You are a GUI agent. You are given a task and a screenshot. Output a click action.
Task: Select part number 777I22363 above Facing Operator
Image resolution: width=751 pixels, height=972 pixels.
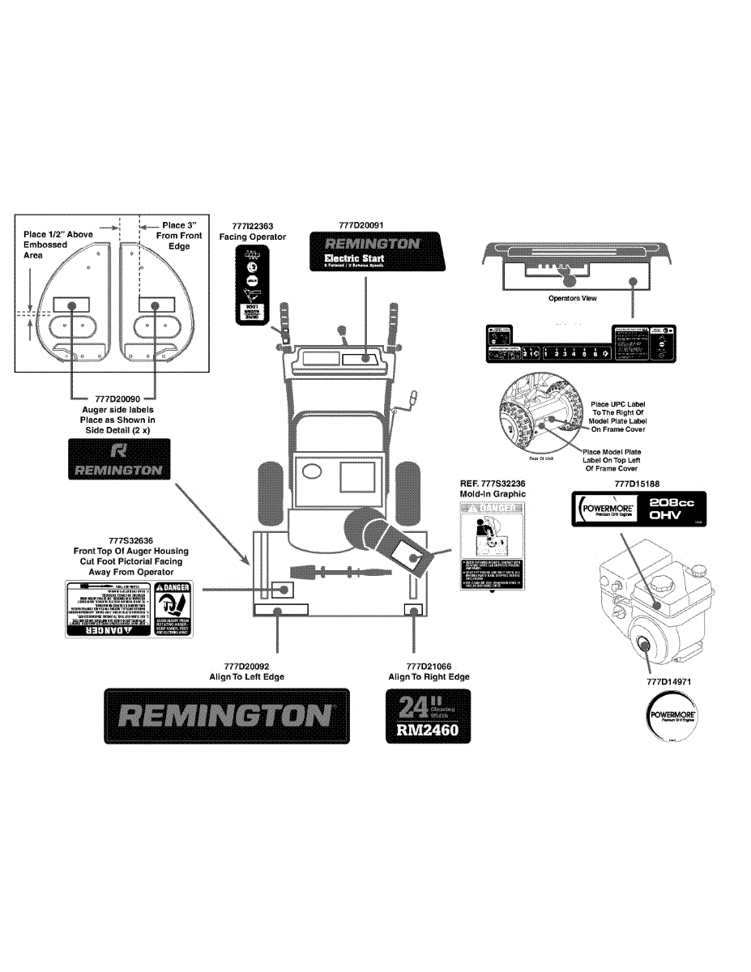point(252,226)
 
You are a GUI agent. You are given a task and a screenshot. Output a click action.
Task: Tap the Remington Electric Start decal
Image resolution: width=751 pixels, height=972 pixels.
point(378,251)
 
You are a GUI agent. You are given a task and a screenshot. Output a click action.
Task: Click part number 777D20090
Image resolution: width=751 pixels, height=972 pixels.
point(118,399)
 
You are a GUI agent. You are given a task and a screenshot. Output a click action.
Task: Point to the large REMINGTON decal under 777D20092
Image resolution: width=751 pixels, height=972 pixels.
point(227,715)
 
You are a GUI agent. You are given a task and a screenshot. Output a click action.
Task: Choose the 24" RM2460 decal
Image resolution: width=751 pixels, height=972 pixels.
point(427,716)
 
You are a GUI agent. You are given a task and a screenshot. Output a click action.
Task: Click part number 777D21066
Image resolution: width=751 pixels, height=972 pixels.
point(429,666)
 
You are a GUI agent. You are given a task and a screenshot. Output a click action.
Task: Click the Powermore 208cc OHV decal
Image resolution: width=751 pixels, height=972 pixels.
point(636,510)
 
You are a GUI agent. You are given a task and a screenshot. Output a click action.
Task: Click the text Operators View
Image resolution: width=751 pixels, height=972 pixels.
point(572,298)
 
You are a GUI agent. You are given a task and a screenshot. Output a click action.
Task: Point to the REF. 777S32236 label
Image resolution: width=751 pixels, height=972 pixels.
point(493,484)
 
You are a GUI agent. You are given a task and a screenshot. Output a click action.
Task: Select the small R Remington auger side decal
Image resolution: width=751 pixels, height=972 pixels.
point(118,458)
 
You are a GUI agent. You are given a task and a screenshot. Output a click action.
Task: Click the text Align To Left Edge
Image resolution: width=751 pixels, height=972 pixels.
point(247,676)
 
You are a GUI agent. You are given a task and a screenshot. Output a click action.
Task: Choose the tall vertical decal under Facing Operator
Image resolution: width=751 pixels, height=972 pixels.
point(252,284)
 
